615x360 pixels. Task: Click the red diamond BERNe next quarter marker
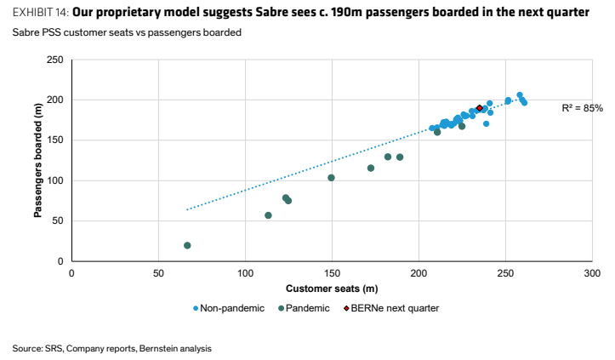479,108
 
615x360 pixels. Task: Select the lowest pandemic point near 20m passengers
187,245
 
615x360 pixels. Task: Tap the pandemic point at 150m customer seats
331,178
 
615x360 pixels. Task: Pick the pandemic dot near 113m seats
268,215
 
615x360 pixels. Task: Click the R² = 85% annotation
582,108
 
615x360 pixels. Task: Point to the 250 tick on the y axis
55,60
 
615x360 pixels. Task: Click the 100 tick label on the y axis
55,180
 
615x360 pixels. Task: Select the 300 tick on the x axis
592,273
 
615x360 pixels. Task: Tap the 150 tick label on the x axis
332,273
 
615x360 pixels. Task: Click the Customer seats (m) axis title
332,289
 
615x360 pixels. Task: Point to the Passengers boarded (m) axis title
37,160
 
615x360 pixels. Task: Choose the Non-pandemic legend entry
229,308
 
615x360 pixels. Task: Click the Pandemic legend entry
304,308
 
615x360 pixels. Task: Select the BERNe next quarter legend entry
391,308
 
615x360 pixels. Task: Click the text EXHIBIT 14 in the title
41,13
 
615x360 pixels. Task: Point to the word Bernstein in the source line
155,349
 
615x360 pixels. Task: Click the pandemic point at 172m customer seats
371,168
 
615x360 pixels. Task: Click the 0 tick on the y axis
60,261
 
